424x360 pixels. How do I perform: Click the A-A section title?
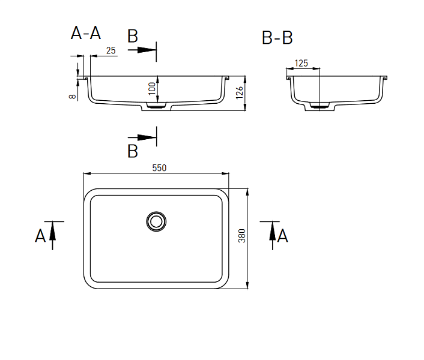[86, 33]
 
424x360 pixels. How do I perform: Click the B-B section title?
[277, 38]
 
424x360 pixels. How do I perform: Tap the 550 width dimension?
[159, 168]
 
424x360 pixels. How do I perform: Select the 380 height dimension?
[242, 236]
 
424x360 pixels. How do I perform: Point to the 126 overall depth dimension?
[240, 93]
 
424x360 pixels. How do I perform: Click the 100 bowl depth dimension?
[152, 89]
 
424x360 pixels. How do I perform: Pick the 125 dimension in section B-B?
[301, 63]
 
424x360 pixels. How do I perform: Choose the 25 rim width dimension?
[111, 50]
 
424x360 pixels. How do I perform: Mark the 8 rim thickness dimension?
[73, 97]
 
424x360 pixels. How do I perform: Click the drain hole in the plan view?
[156, 221]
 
